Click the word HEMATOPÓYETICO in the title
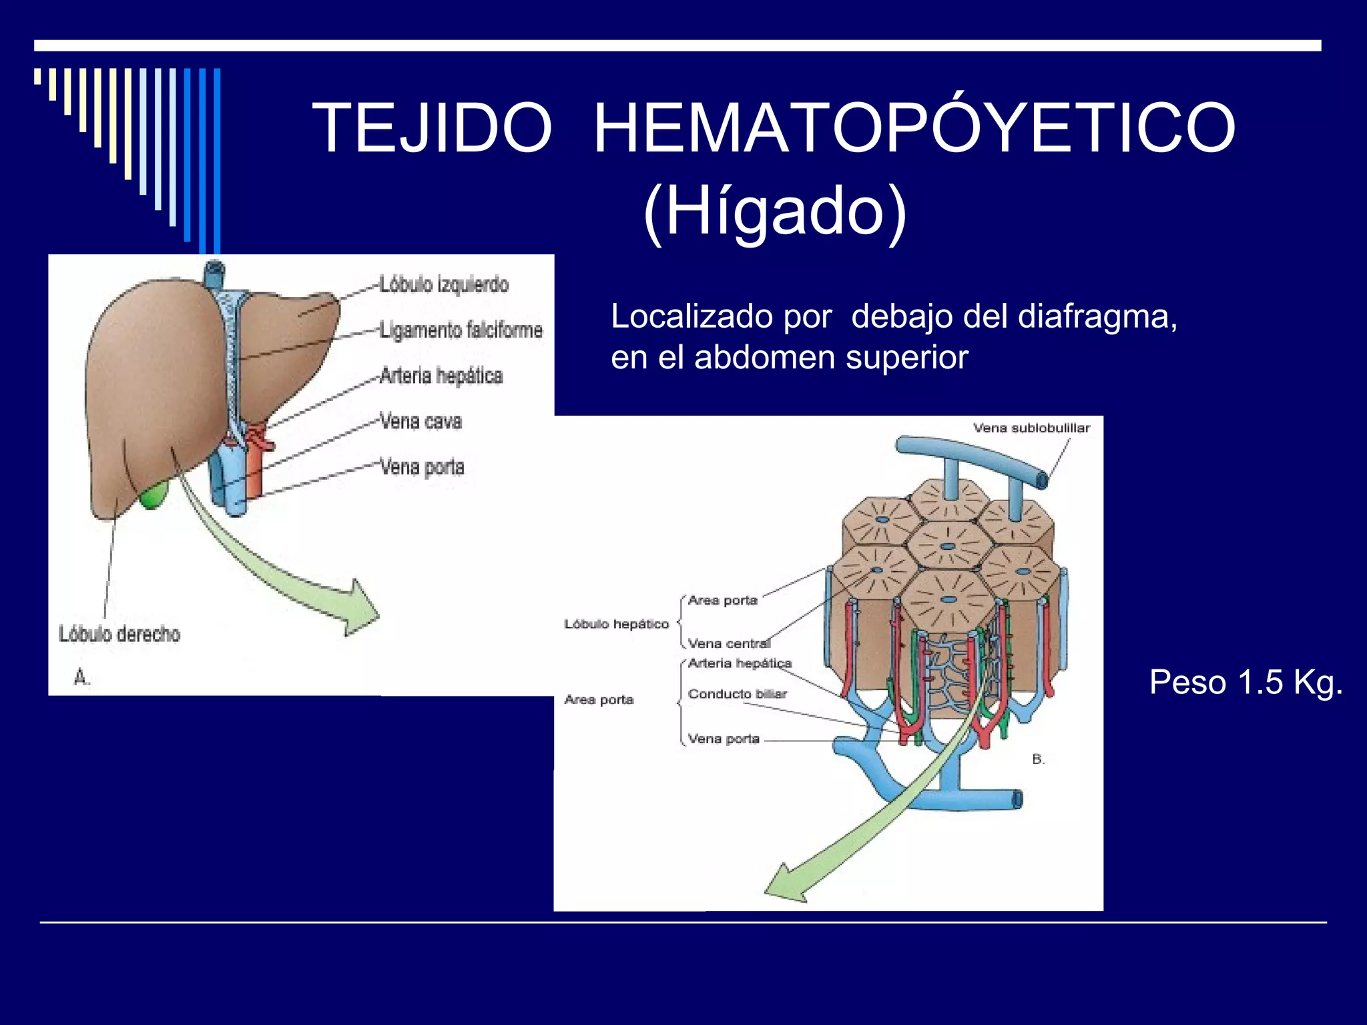(914, 128)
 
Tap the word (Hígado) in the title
(774, 211)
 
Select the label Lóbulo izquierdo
(444, 284)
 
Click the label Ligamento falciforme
(461, 330)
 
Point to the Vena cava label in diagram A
(421, 421)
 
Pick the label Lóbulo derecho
(119, 633)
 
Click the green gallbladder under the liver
(154, 496)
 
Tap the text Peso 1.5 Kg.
(1246, 683)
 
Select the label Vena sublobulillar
(1031, 428)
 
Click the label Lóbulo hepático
(616, 624)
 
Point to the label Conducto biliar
(737, 694)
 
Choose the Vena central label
(729, 643)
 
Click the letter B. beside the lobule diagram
(1038, 759)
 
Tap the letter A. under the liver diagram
(81, 678)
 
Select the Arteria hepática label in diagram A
(441, 376)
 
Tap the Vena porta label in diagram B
(724, 739)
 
